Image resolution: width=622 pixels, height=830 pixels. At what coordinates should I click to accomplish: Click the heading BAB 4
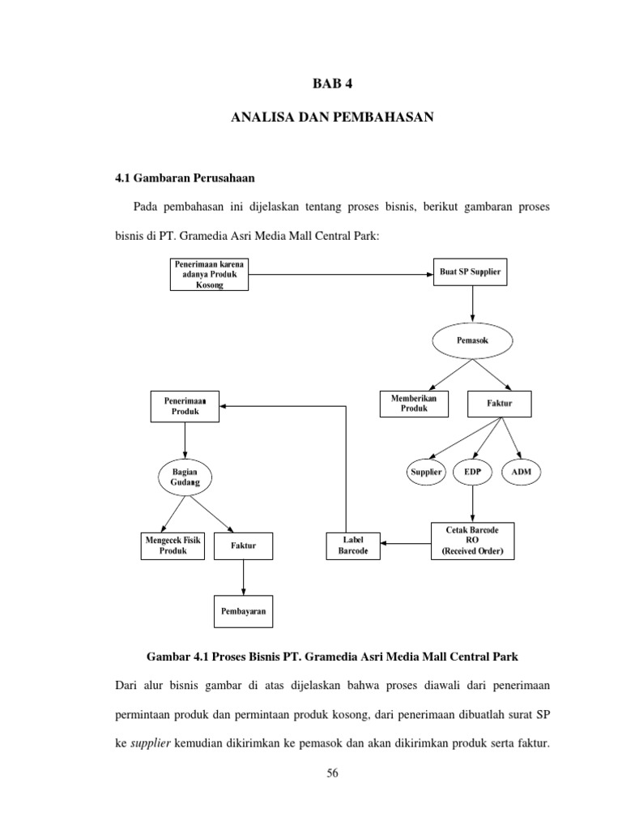tap(332, 83)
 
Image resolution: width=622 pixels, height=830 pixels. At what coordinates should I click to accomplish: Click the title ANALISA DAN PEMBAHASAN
tap(332, 118)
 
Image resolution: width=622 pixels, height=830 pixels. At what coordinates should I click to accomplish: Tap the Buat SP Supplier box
tap(471, 274)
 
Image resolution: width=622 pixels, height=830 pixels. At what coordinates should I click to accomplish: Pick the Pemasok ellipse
tap(472, 341)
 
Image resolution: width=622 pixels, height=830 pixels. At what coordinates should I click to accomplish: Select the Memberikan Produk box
tap(414, 404)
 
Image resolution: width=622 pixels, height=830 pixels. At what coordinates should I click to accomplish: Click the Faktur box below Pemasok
tap(500, 404)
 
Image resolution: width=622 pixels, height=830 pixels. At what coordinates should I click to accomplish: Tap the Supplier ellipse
tap(425, 471)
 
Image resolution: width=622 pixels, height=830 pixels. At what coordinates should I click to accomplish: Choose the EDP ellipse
tap(473, 471)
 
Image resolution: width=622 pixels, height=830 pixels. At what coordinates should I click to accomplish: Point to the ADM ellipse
tap(522, 471)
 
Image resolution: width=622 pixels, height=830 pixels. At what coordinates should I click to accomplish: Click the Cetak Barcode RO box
tap(472, 540)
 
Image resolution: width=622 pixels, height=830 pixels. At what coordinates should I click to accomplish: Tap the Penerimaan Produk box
tap(185, 406)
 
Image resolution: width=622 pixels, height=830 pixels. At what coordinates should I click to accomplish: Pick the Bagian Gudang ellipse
tap(185, 477)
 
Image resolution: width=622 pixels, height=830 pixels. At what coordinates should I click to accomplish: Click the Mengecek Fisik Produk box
tap(173, 545)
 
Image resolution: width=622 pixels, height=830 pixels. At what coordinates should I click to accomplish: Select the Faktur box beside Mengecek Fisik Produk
tap(244, 545)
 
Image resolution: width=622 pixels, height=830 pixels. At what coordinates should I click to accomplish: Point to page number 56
tap(331, 774)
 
